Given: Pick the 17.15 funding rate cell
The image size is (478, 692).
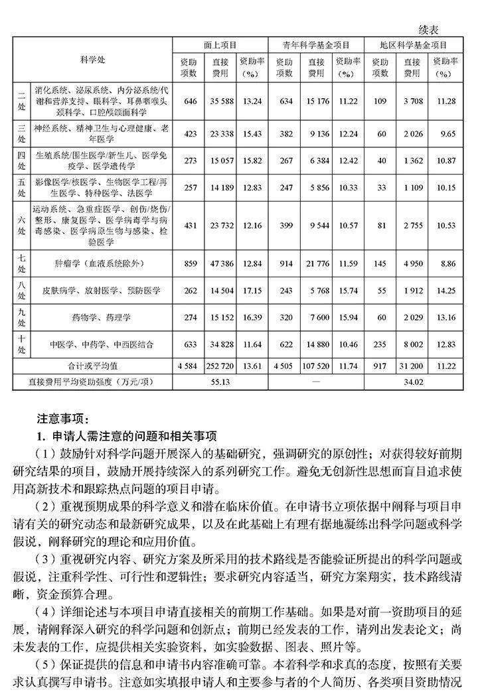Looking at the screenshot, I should point(252,291).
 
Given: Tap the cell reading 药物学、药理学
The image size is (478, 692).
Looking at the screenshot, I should point(102,317).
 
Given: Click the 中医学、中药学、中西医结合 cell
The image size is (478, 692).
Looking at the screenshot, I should point(102,344).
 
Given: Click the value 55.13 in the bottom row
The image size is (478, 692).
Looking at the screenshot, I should point(220,382).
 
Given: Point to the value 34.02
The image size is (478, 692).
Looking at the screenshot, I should point(412,382).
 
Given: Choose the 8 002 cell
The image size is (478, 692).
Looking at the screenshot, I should point(412,344).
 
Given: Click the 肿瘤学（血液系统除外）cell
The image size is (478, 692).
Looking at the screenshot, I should point(102,264).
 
